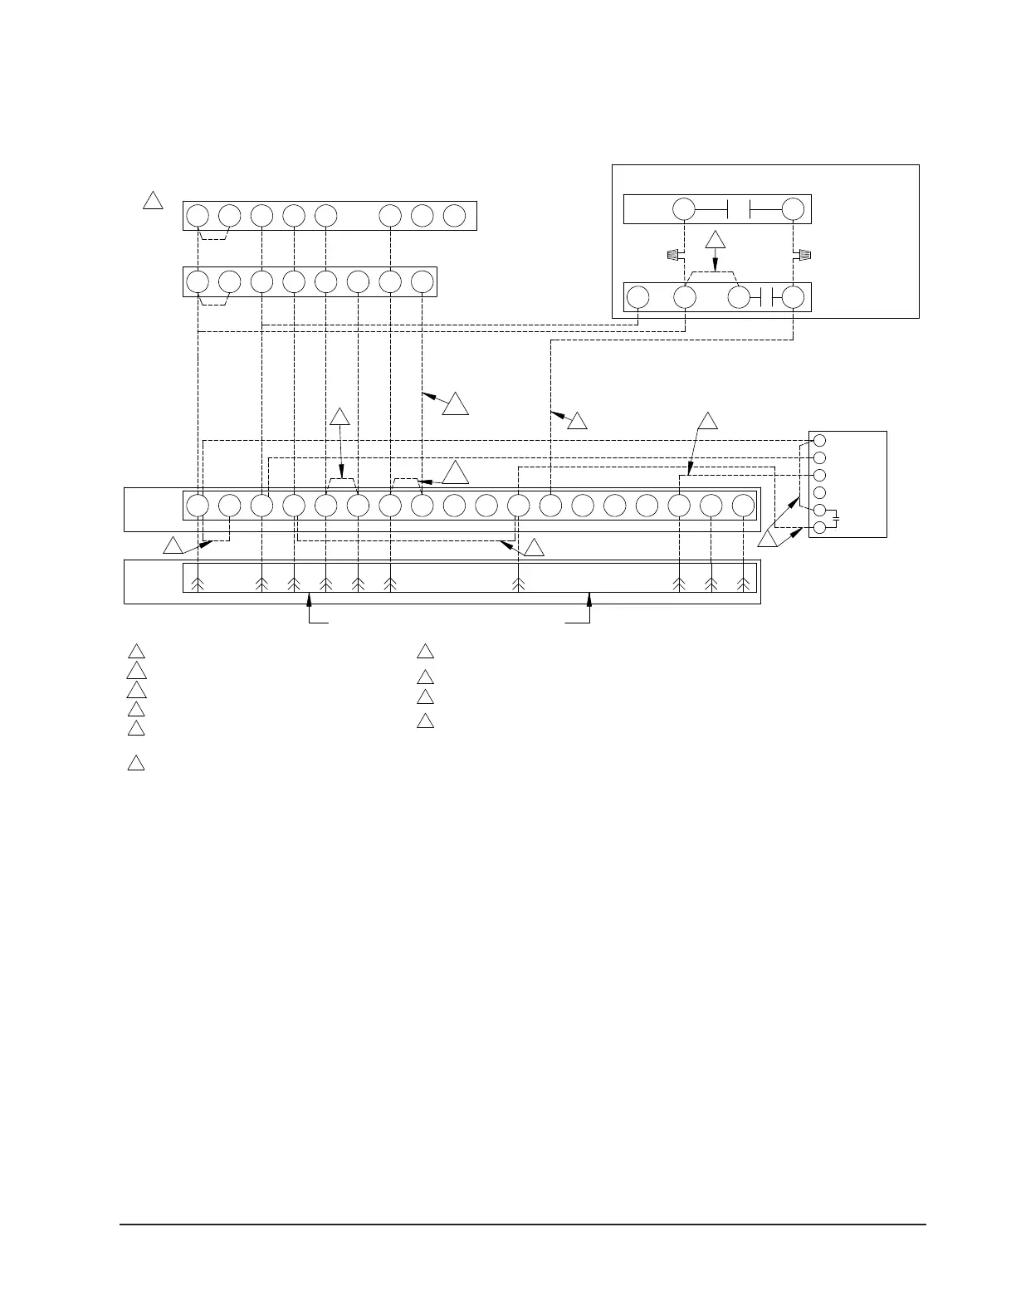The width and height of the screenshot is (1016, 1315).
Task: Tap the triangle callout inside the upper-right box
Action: [716, 241]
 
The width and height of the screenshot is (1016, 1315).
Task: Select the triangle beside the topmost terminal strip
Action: [153, 201]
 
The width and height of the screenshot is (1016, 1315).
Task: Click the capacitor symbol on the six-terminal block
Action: [837, 519]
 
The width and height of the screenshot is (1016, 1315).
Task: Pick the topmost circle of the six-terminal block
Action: [819, 440]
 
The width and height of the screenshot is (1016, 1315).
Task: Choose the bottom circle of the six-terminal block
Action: [819, 527]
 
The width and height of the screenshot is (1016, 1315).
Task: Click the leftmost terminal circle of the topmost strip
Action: [198, 216]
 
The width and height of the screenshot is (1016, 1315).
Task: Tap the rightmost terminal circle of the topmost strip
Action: [454, 216]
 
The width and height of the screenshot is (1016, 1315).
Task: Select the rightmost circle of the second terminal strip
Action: [423, 281]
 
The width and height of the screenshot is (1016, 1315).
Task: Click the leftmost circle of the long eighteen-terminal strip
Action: [198, 506]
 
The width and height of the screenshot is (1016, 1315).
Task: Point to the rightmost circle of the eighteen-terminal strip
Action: [744, 506]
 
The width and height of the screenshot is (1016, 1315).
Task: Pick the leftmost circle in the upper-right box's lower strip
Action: [637, 297]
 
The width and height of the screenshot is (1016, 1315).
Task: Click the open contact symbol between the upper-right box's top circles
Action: [739, 209]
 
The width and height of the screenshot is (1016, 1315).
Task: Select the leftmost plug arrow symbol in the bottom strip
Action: [198, 584]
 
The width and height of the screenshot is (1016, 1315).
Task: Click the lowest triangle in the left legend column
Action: [136, 764]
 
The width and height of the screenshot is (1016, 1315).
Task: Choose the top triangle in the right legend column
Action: [425, 651]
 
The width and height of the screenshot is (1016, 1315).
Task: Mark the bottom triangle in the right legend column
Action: [425, 721]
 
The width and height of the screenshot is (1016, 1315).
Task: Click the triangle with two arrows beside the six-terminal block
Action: [768, 540]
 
